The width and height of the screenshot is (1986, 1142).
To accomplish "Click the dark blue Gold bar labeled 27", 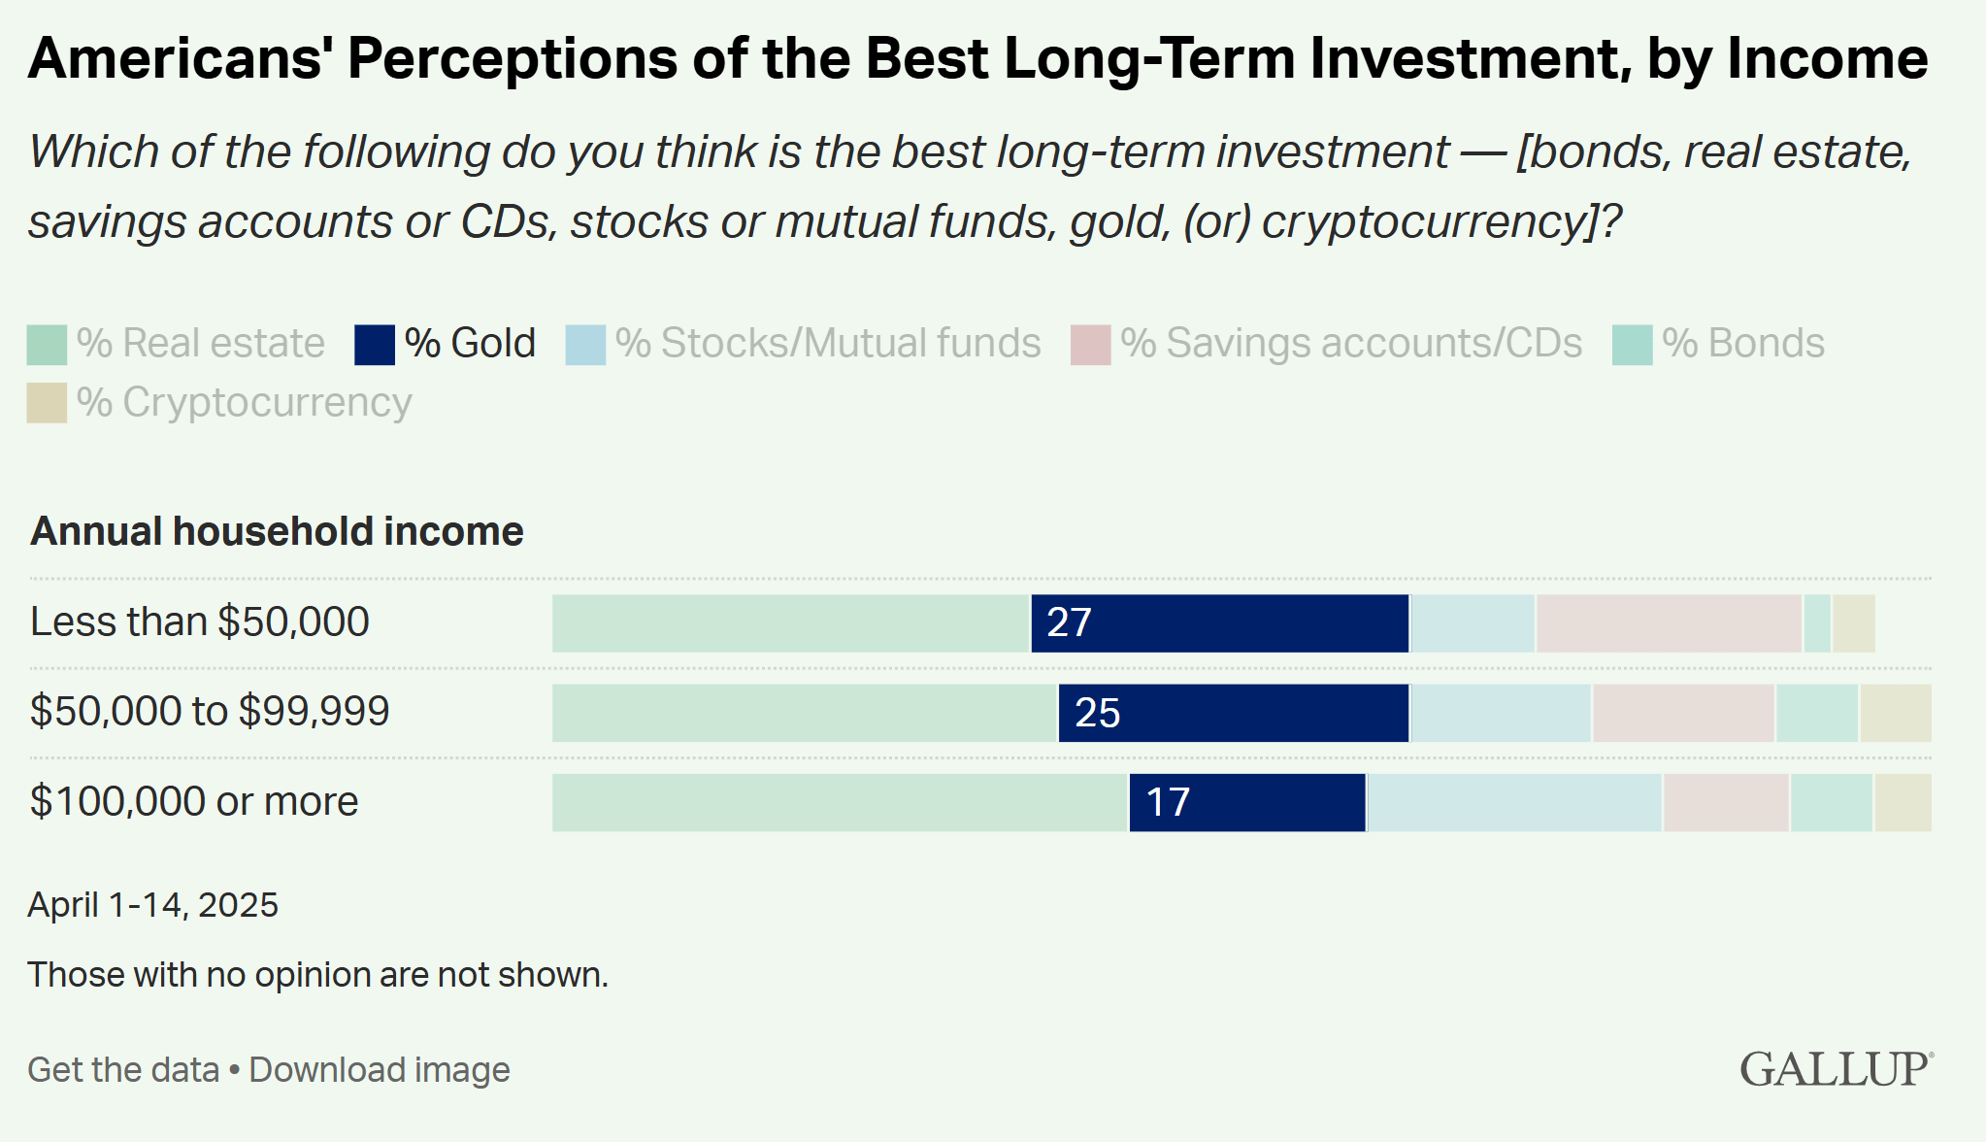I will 1219,623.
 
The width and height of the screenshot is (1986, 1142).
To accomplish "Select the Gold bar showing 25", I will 1233,713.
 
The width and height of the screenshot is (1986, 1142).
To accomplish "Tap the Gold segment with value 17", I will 1247,802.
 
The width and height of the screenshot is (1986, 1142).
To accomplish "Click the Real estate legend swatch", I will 47,345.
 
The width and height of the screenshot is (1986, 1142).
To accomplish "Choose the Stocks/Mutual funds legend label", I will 827,344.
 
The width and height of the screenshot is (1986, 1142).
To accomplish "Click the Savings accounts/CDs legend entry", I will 1350,344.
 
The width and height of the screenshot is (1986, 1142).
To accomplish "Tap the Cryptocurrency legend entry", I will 243,403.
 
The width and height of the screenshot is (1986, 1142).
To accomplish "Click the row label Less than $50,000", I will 200,621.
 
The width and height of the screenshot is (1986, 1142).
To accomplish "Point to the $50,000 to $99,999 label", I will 210,711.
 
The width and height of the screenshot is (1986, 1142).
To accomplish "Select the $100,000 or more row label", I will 194,801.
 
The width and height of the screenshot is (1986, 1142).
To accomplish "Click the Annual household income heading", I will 277,531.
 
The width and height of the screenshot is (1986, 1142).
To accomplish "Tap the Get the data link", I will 123,1069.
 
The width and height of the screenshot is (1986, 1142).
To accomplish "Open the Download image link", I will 380,1069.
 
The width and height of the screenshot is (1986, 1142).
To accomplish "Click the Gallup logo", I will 1835,1068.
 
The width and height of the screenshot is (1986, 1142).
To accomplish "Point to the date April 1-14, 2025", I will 152,904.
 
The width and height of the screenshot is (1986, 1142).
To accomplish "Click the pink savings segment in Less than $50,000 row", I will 1669,623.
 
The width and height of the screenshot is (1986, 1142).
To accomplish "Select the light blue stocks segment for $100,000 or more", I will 1514,802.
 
